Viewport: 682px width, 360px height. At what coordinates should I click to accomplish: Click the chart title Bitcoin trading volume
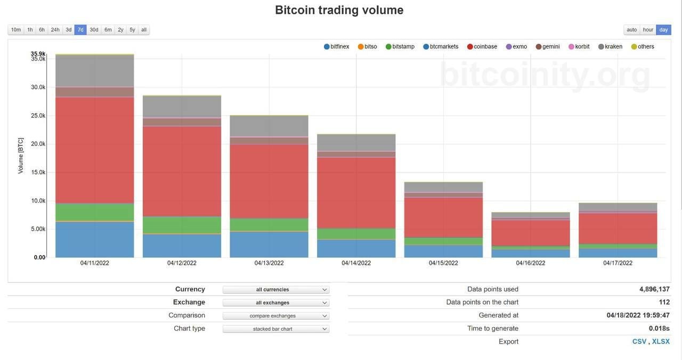(339, 10)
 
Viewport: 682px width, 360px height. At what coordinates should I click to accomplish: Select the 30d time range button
(94, 30)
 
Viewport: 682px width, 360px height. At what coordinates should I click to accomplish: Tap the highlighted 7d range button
(80, 30)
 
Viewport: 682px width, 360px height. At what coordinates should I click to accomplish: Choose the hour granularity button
(648, 30)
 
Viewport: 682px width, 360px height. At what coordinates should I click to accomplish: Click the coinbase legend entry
(482, 47)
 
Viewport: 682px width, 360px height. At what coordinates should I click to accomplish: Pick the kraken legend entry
(611, 47)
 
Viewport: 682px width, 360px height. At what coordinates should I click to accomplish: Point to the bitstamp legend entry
(400, 47)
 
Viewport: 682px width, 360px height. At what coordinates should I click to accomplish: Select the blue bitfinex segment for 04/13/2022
(269, 244)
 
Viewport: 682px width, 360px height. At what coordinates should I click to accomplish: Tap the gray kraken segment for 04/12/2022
(182, 107)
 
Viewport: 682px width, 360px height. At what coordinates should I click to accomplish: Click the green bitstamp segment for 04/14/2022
(356, 234)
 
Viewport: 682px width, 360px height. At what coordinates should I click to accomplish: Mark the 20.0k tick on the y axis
(38, 144)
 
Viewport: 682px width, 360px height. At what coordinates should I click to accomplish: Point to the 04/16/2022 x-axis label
(531, 263)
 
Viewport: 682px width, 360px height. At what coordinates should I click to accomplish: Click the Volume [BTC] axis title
(21, 156)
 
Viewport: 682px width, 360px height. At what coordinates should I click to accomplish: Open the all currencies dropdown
(276, 290)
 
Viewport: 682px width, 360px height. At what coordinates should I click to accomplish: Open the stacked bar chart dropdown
(276, 329)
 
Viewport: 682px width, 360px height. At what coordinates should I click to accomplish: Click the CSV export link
(639, 341)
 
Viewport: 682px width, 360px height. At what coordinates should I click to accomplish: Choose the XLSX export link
(661, 341)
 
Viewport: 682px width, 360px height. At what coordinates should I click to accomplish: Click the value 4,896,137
(654, 289)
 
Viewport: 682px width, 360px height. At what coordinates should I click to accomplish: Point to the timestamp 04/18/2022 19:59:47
(638, 315)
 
